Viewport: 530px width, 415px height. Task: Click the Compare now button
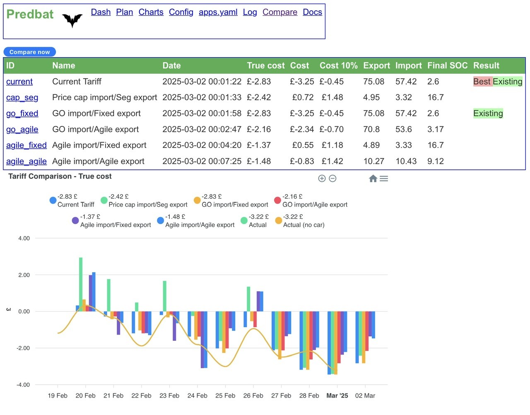pyautogui.click(x=29, y=52)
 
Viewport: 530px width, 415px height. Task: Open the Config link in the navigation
pyautogui.click(x=181, y=12)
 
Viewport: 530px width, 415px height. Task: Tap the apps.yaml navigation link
pyautogui.click(x=218, y=12)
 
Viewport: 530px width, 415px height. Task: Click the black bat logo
pyautogui.click(x=72, y=20)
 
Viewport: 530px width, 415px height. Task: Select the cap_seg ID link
pyautogui.click(x=22, y=97)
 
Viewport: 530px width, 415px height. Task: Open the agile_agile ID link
pyautogui.click(x=26, y=161)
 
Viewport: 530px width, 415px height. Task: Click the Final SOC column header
pyautogui.click(x=447, y=65)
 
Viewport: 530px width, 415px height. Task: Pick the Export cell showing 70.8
pyautogui.click(x=371, y=129)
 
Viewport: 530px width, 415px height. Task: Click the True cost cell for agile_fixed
pyautogui.click(x=258, y=145)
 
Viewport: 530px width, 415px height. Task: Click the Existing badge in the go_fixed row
pyautogui.click(x=488, y=113)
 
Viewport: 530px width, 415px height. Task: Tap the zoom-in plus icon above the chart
pyautogui.click(x=321, y=179)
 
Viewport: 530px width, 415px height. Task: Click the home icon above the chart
pyautogui.click(x=373, y=179)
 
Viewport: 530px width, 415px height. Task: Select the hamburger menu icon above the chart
pyautogui.click(x=383, y=179)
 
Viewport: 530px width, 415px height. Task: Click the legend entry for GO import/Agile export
pyautogui.click(x=311, y=200)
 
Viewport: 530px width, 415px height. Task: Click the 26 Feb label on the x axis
pyautogui.click(x=253, y=395)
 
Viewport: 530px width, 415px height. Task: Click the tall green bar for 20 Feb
pyautogui.click(x=80, y=284)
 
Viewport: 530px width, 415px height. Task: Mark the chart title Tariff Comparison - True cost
pyautogui.click(x=60, y=176)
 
